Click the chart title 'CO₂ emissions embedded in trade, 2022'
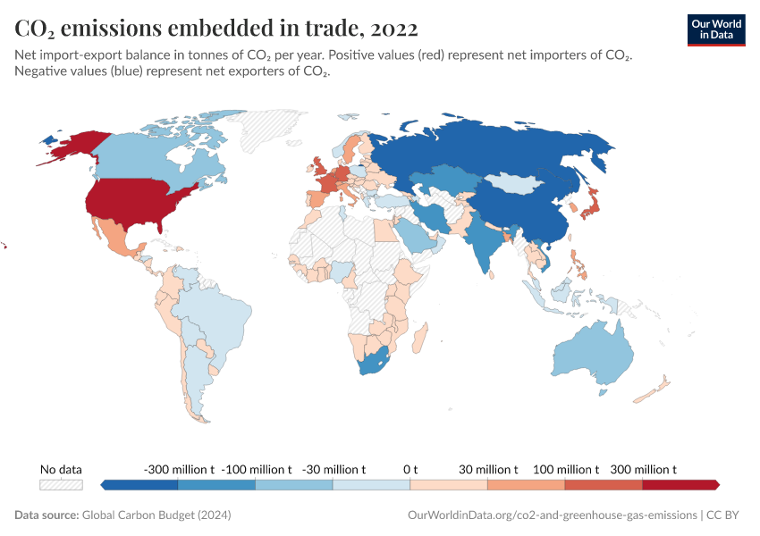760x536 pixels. [215, 29]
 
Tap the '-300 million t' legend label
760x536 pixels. [178, 469]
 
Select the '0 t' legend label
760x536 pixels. [410, 469]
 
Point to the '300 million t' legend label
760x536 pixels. [642, 469]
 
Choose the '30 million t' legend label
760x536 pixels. [487, 469]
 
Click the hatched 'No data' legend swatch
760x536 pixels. [62, 485]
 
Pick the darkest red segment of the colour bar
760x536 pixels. [680, 485]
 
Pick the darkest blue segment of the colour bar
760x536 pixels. [141, 485]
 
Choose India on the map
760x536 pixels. [484, 241]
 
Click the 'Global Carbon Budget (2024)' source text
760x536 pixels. [156, 515]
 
